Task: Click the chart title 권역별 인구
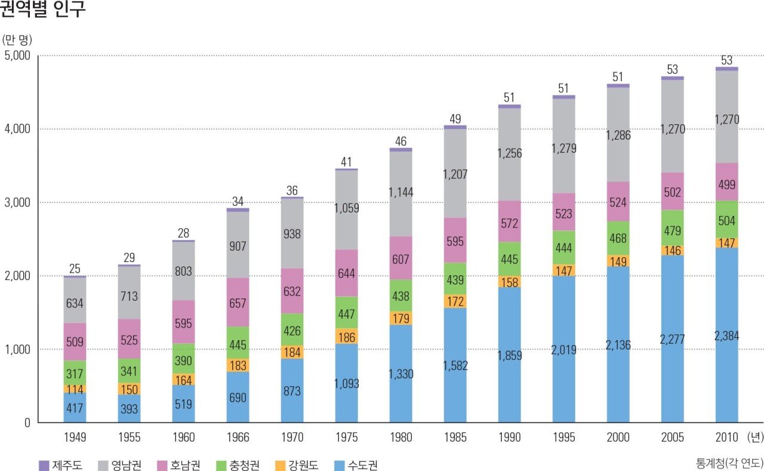[43, 10]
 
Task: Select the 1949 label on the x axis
[75, 438]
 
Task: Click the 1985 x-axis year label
[455, 438]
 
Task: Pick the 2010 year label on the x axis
[726, 438]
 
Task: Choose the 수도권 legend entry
[355, 465]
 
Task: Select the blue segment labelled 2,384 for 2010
[726, 335]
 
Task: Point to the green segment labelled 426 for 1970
[292, 330]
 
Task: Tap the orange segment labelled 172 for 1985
[455, 301]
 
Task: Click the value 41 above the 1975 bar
[346, 162]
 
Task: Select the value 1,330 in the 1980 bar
[401, 374]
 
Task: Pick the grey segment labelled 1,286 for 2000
[618, 135]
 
